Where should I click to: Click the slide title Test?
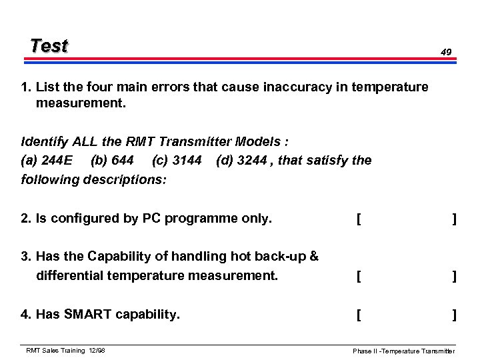[x=49, y=46]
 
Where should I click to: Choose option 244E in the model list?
[x=57, y=161]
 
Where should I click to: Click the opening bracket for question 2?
[x=359, y=217]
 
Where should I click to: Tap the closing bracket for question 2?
[x=454, y=217]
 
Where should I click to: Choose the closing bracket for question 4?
[x=454, y=315]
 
